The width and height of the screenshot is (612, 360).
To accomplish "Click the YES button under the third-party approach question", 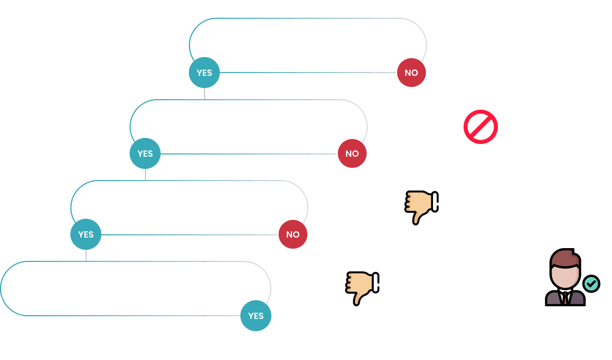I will click(x=204, y=73).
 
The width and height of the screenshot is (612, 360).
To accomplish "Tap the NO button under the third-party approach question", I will click(x=412, y=73).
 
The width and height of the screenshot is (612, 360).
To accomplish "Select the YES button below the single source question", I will click(x=145, y=153).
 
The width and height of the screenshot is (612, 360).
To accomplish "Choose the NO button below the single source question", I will click(x=352, y=153).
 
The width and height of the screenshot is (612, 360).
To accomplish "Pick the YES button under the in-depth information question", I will click(x=86, y=234).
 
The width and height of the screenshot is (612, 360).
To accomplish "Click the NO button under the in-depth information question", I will click(x=293, y=234).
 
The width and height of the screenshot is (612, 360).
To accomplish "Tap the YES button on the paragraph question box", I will click(x=256, y=316).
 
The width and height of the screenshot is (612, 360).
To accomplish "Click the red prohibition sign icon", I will click(x=481, y=127).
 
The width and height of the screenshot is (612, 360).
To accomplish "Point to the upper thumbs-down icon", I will click(x=421, y=207).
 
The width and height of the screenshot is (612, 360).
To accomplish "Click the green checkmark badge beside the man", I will click(x=591, y=284).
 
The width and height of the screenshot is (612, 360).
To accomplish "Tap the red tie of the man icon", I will click(x=564, y=299).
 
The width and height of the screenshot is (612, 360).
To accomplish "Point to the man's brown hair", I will click(x=565, y=258).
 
